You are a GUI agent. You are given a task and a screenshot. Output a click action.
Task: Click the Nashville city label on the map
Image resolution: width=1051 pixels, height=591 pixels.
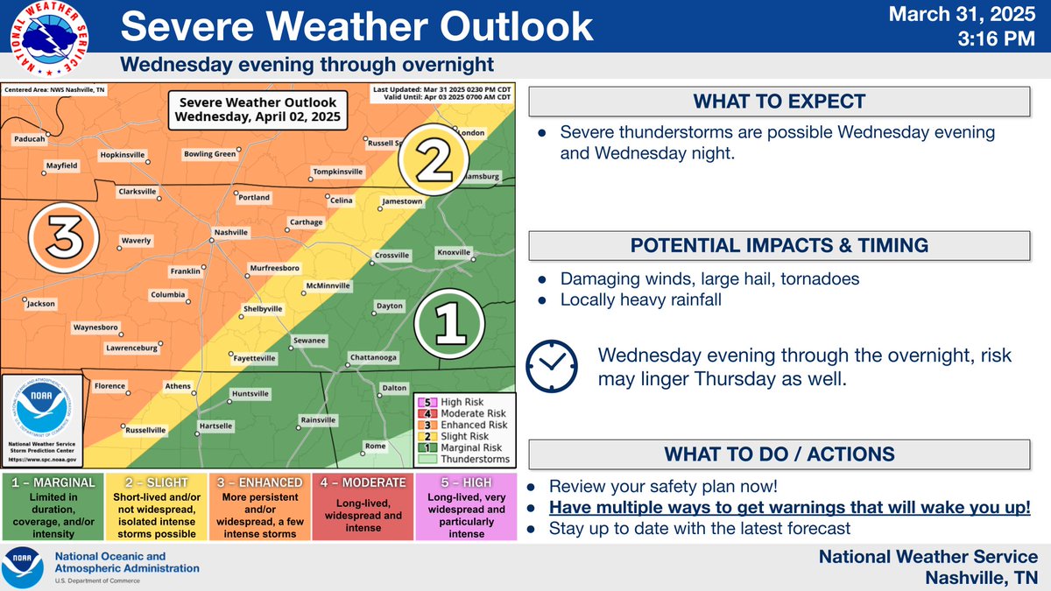point(227,233)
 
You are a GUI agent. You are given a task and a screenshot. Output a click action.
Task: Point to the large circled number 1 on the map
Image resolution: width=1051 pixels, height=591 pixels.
point(449,324)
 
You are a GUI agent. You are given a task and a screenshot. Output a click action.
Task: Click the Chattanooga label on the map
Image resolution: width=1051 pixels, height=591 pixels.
point(373,357)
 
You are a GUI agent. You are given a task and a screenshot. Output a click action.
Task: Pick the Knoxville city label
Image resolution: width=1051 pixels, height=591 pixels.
point(454,253)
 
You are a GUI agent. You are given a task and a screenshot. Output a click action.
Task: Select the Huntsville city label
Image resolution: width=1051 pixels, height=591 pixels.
point(250,394)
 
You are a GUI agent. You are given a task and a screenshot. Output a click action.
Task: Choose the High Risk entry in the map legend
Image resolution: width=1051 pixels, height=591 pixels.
point(464,402)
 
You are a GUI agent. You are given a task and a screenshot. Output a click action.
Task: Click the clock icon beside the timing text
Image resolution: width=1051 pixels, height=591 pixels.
point(551,366)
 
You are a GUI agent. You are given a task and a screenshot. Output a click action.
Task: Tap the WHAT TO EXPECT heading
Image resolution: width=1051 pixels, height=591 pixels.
point(779,102)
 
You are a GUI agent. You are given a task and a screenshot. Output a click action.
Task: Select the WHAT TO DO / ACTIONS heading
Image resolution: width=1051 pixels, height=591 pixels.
point(779,454)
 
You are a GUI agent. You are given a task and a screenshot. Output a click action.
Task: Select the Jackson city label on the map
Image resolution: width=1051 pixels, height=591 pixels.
point(41,304)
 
